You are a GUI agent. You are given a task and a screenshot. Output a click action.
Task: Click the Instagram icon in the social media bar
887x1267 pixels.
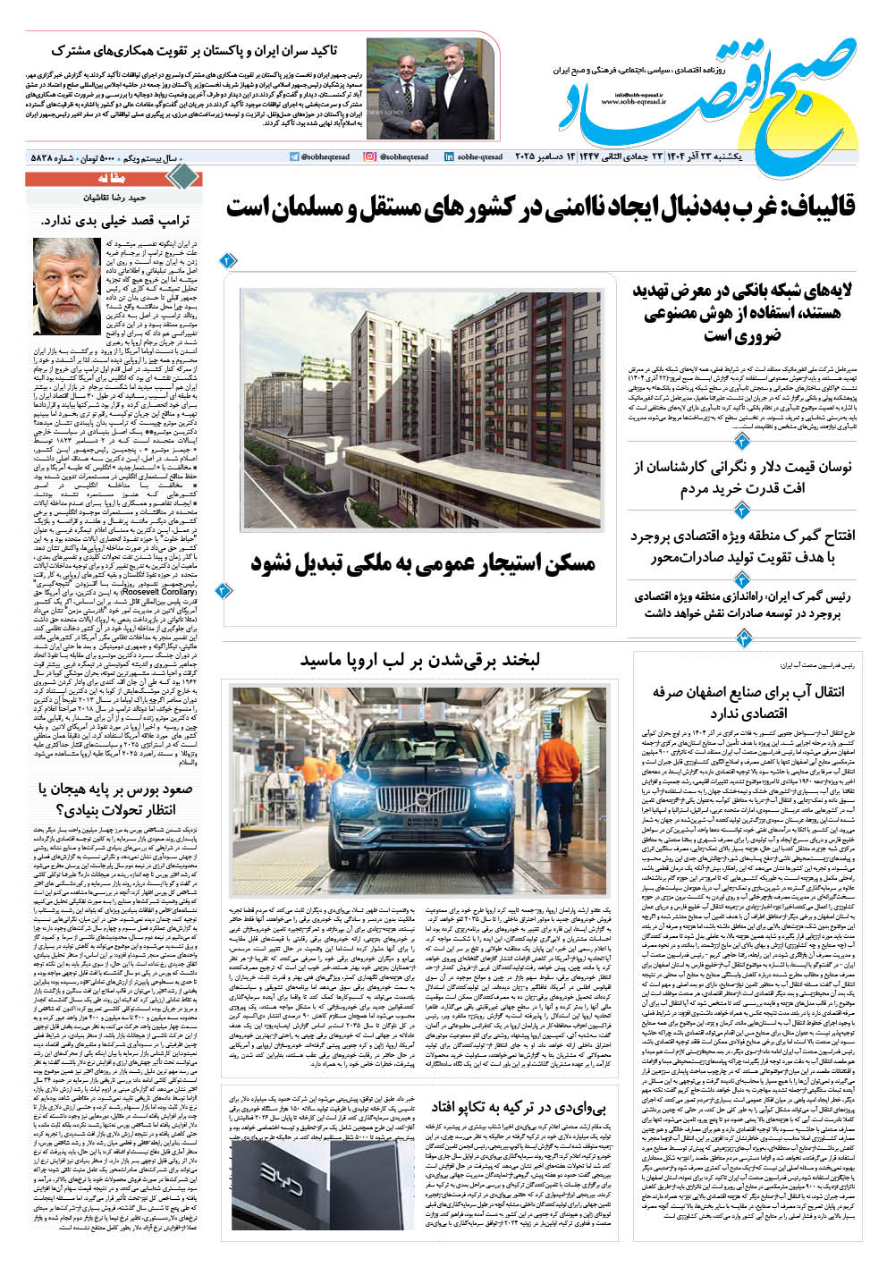coord(370,156)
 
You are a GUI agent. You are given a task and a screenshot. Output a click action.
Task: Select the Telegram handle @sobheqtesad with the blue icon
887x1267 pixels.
coord(320,156)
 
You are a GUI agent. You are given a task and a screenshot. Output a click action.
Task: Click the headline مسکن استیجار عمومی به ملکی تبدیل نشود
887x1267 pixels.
coord(423,564)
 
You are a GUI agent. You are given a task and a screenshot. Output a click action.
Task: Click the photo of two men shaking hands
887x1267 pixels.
coord(429,89)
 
